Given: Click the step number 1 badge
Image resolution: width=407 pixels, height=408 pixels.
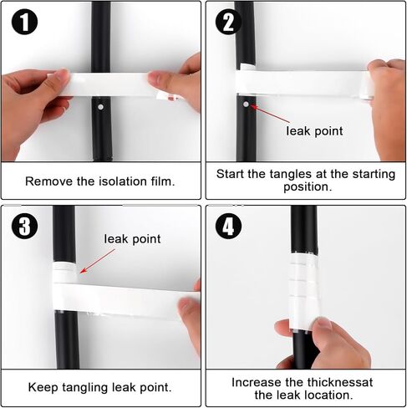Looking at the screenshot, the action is pos(24,22).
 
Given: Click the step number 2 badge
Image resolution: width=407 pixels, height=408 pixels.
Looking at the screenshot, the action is pos(228,22).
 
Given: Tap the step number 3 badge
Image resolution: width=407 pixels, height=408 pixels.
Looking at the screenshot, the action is pos(24,226).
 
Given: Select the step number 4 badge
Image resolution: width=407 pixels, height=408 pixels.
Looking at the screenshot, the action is pos(228,226).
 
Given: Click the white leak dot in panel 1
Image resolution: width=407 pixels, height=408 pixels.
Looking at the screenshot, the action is pos(100,107).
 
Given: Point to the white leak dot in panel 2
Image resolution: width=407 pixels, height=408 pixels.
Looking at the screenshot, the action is pos(246,105).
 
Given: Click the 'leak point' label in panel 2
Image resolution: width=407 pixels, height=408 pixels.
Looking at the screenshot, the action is pos(314,131).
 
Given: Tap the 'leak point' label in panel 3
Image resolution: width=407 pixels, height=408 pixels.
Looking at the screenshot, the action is pos(132,239).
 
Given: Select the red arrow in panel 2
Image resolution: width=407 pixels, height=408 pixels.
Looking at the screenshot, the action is pos(270,114).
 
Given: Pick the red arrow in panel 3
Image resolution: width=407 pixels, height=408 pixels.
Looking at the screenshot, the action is pos(97,261).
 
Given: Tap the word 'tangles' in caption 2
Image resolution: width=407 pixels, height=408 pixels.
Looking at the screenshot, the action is pos(291,175).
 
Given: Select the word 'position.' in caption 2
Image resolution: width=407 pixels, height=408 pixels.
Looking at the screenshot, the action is pos(308,186).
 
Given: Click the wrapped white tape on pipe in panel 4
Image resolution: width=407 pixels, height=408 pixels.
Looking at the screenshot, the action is pos(303,291).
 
